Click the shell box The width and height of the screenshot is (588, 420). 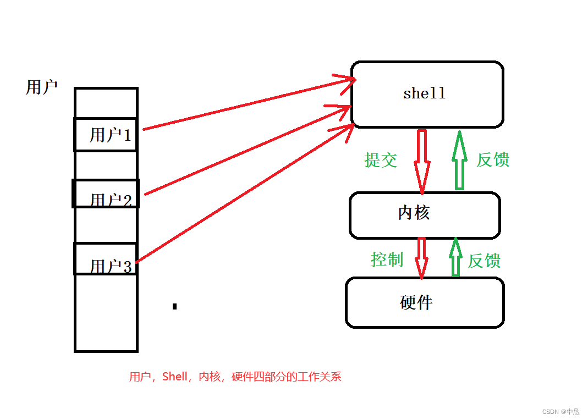pos(427,95)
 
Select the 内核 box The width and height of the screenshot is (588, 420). pos(424,215)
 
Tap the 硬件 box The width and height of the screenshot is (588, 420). pos(425,302)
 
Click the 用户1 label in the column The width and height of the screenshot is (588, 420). pos(111,135)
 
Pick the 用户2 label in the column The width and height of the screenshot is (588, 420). pos(111,199)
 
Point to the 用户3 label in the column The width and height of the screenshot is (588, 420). pos(111,267)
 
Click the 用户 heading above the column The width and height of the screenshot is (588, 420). pos(42,87)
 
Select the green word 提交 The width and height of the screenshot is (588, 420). pos(381,160)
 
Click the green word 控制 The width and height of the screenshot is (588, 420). pos(387,259)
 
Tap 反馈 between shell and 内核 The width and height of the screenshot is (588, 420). pos(493,160)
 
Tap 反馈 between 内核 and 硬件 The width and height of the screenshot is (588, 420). pos(484,261)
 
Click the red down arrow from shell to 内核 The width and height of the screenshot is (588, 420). pos(422,159)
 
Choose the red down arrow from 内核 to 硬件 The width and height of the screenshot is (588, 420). pos(422,257)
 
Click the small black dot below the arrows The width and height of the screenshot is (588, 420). pos(174,306)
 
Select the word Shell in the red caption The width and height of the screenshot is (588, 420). pos(175,377)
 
